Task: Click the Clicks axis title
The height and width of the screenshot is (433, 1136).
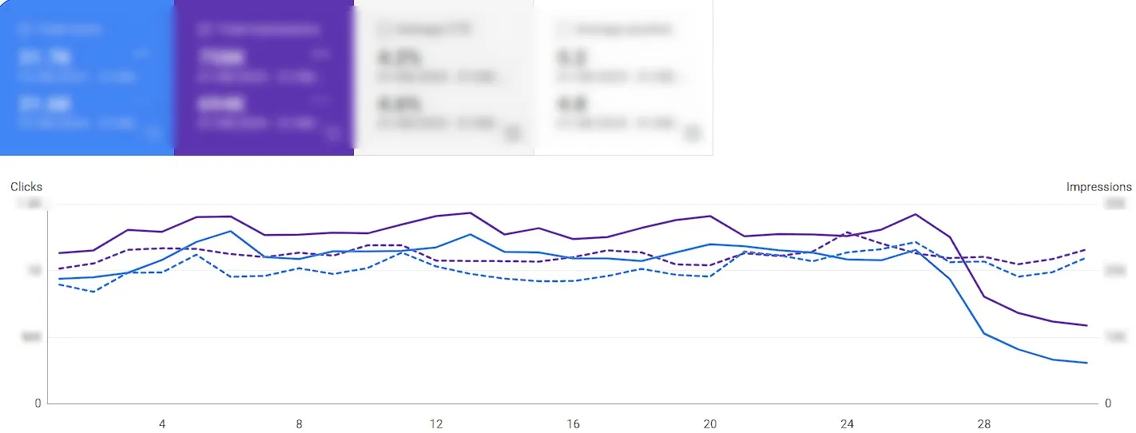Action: click(x=26, y=187)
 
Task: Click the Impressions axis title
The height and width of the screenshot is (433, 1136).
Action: click(x=1098, y=187)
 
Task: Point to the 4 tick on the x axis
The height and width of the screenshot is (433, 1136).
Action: click(x=162, y=424)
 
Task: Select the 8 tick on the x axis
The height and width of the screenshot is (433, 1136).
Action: click(x=299, y=424)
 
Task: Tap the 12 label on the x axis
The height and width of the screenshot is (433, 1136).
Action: click(x=436, y=424)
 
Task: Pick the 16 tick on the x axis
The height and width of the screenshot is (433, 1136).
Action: click(x=573, y=424)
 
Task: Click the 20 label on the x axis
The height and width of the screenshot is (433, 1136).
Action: click(x=709, y=424)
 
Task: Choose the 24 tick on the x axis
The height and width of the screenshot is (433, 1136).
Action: click(x=847, y=424)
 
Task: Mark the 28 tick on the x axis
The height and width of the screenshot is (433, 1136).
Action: click(x=983, y=424)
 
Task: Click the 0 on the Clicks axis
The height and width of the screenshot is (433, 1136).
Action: click(x=38, y=403)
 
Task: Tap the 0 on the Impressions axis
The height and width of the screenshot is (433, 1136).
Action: click(x=1107, y=403)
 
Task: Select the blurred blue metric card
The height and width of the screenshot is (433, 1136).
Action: click(x=87, y=77)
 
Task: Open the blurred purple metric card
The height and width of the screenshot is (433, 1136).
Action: click(x=264, y=77)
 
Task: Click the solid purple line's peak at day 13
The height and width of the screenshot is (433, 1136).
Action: click(x=471, y=213)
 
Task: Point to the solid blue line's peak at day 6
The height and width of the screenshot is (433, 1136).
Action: click(x=231, y=231)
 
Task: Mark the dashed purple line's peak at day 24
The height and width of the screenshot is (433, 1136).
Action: click(x=847, y=232)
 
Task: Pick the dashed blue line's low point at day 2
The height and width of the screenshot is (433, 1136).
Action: click(x=94, y=292)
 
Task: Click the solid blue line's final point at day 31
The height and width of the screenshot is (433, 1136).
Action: click(x=1086, y=363)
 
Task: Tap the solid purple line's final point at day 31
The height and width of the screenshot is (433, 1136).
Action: click(x=1086, y=325)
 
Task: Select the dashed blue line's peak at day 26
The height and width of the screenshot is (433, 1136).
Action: click(x=916, y=242)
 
